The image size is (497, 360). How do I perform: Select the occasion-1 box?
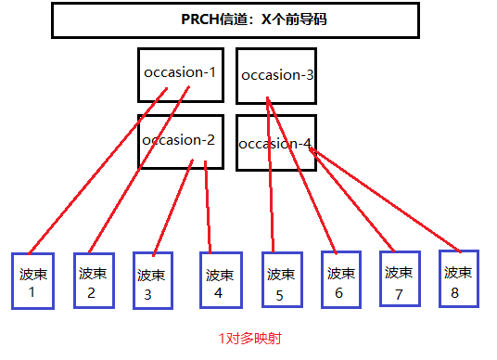pos(180,73)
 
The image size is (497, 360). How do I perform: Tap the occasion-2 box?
pos(180,141)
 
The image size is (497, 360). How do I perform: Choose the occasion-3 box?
pos(275,74)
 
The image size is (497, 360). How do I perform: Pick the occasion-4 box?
pos(275,143)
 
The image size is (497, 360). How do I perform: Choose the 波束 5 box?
pos(280,280)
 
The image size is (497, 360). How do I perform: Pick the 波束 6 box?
pos(340,279)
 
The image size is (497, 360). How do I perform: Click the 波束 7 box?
pos(400,278)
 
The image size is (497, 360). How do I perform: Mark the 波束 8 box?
pos(459,278)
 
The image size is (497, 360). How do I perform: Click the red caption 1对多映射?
pos(249,339)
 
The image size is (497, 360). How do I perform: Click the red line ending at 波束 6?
pos(301,176)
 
